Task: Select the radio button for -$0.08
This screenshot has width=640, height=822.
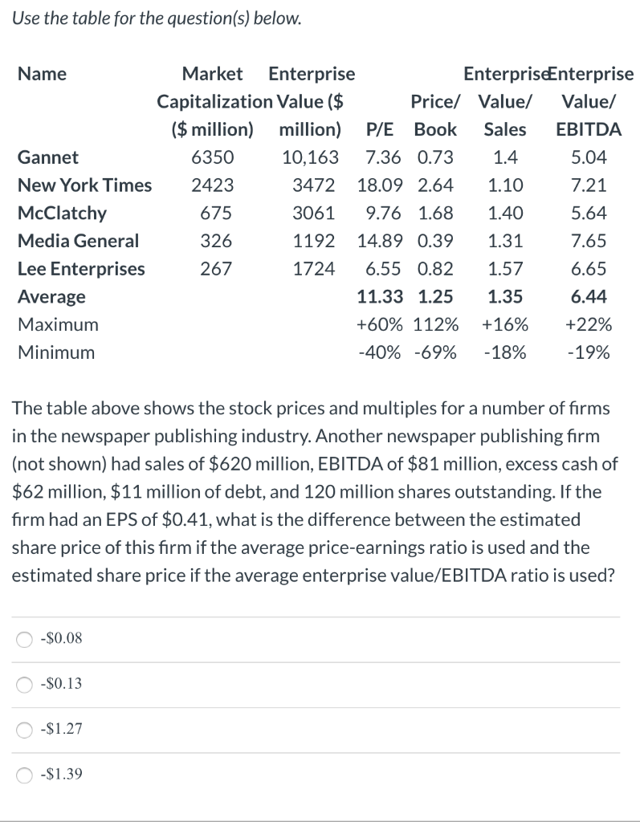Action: [26, 639]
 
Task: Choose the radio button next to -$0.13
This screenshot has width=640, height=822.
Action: [26, 685]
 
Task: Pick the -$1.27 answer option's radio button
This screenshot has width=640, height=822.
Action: [26, 730]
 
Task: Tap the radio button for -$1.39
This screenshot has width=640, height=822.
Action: [26, 775]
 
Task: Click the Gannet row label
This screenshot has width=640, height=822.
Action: [48, 157]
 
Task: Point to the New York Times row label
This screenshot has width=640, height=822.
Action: [84, 185]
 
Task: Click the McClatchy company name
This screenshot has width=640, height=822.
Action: [62, 214]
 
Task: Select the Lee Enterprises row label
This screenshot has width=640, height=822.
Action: [81, 269]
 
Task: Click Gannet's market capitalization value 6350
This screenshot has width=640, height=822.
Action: [213, 157]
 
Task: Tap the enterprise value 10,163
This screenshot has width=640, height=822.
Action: [311, 157]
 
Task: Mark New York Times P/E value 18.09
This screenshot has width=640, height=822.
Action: [381, 185]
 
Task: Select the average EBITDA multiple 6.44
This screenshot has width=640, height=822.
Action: [589, 297]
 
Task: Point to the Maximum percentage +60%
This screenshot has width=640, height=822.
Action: [380, 325]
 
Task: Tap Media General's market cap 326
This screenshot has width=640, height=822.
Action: [216, 241]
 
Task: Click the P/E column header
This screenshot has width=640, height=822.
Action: [381, 129]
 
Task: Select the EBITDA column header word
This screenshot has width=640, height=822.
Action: [589, 129]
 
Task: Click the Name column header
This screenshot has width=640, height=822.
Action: [42, 75]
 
